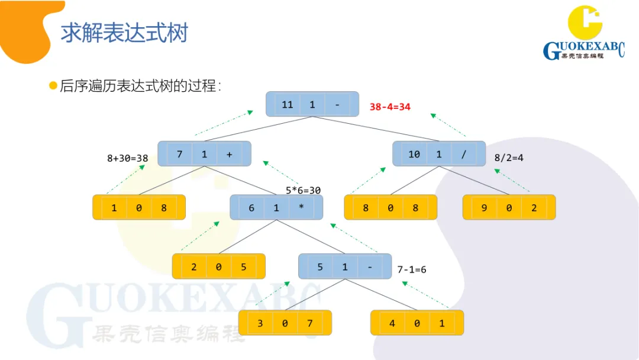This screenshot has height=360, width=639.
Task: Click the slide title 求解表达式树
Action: tap(124, 33)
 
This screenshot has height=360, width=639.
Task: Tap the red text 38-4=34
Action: tap(390, 107)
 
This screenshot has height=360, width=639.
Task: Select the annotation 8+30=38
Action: tap(127, 158)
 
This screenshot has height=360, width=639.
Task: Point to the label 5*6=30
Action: tap(303, 190)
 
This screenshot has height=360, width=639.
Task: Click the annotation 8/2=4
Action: tap(509, 158)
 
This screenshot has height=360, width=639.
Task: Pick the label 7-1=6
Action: tap(412, 269)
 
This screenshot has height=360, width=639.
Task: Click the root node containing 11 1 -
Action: tap(312, 104)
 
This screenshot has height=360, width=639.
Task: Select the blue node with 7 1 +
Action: tap(205, 154)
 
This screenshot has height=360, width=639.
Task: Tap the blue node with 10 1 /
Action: tap(439, 154)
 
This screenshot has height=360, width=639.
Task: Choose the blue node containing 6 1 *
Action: tap(276, 208)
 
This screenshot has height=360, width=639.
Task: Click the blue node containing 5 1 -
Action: tap(345, 266)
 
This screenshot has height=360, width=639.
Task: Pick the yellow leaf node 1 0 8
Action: tap(139, 208)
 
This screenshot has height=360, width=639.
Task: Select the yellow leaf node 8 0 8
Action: tap(390, 208)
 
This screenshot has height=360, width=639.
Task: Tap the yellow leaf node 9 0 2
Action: tap(509, 208)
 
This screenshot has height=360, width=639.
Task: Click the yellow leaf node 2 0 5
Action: tap(218, 266)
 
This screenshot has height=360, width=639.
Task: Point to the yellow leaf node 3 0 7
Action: tap(285, 323)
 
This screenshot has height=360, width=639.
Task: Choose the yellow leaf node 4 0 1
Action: tap(417, 323)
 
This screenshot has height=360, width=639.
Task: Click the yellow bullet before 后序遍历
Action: tap(53, 86)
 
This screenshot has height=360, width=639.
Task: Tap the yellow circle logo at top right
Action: tap(585, 22)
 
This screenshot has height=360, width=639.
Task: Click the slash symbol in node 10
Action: tap(464, 154)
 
